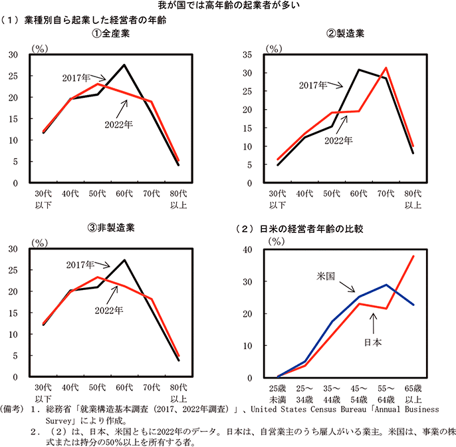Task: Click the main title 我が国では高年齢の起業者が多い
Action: (x=227, y=7)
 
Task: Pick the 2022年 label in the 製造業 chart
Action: (x=338, y=140)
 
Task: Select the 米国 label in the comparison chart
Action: (x=326, y=275)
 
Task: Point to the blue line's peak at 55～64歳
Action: (x=386, y=285)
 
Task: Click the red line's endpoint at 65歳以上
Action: (x=414, y=256)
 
